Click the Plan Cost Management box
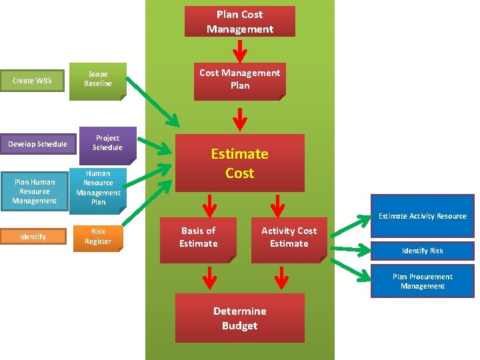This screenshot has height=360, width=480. click(239, 21)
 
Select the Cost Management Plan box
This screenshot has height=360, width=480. click(239, 79)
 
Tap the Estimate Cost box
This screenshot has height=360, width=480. click(239, 163)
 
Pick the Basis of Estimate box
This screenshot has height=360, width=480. click(198, 237)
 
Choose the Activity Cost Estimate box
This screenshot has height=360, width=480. click(289, 237)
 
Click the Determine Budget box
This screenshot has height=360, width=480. click(239, 318)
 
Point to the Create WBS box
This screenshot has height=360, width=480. click(32, 81)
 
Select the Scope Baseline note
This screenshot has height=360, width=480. click(97, 79)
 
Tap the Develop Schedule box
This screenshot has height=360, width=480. click(37, 144)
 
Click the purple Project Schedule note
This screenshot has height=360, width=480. click(107, 143)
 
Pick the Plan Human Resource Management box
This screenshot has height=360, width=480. click(34, 191)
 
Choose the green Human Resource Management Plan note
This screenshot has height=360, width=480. click(98, 187)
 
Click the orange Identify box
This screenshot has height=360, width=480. click(33, 237)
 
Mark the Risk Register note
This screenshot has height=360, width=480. click(98, 237)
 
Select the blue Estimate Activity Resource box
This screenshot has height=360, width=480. click(422, 216)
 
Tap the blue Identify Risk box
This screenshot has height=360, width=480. click(422, 251)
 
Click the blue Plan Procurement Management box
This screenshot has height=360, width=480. click(422, 281)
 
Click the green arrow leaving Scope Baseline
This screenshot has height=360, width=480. click(153, 101)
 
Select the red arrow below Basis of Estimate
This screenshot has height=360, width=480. click(209, 275)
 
